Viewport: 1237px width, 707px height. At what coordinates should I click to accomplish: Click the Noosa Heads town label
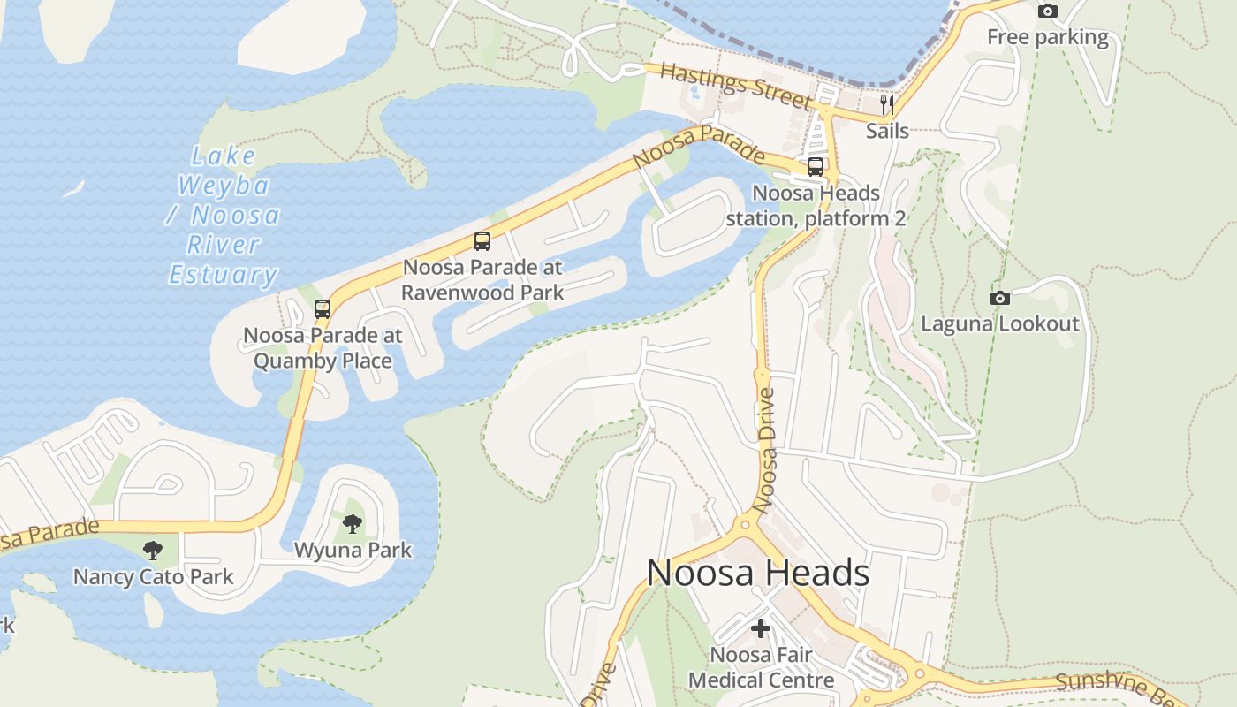[x=758, y=574]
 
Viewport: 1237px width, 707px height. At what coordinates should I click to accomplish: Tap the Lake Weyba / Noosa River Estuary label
[x=224, y=216]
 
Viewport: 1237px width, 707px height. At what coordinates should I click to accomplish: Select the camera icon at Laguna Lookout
[x=1000, y=298]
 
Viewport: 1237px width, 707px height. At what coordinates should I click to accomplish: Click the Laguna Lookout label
[x=1000, y=323]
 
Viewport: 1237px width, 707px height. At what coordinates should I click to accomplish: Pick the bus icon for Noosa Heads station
[x=816, y=167]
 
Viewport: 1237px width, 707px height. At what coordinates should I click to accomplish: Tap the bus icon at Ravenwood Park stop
[x=482, y=240]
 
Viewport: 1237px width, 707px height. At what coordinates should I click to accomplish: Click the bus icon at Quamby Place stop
[x=323, y=309]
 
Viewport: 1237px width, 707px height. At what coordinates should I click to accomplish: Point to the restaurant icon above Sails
[x=887, y=105]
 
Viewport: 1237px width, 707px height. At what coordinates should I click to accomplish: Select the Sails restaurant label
[x=887, y=131]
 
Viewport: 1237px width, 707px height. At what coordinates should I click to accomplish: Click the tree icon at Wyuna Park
[x=353, y=524]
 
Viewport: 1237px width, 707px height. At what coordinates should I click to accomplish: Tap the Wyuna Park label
[x=353, y=550]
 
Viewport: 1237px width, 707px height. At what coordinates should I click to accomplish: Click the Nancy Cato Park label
[x=153, y=577]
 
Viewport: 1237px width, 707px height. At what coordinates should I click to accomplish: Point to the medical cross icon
[x=761, y=629]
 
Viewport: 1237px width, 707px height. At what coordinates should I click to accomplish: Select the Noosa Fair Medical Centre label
[x=761, y=667]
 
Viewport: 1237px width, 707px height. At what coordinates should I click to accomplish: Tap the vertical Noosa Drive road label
[x=767, y=449]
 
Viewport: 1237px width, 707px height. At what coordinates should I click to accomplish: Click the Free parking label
[x=1047, y=37]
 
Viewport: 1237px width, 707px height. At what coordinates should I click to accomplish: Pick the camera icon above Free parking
[x=1048, y=11]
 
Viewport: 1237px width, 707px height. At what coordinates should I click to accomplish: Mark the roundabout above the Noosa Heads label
[x=745, y=523]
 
